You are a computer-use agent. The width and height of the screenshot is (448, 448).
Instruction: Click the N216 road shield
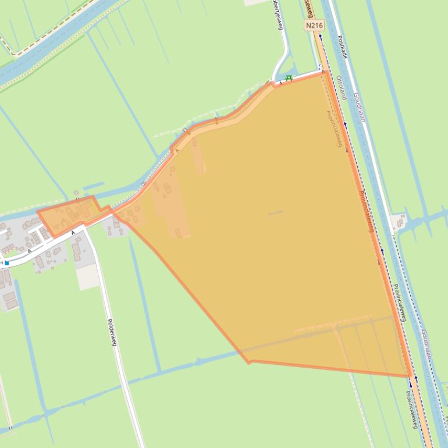point(314,26)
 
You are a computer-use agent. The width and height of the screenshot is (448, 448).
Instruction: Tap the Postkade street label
point(342,47)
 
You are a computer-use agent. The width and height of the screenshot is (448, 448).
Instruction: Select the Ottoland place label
point(341,88)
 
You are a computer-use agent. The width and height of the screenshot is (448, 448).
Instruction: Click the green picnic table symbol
point(289,78)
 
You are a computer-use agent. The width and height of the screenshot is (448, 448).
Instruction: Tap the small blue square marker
point(6,263)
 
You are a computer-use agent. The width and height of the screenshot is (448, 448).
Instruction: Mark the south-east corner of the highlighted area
point(410,376)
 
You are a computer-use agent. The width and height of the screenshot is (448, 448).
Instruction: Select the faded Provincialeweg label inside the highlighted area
point(333,129)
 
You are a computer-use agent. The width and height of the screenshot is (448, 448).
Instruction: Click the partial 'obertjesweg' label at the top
point(280,17)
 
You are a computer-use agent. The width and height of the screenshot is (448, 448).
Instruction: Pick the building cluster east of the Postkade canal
point(400,221)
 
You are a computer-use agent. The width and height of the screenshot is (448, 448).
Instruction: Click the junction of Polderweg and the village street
point(85,228)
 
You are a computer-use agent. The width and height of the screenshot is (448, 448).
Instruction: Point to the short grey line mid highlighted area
point(276,213)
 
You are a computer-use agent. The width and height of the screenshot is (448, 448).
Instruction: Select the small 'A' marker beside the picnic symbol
point(281,83)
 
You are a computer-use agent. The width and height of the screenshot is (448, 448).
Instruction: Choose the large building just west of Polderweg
point(77,251)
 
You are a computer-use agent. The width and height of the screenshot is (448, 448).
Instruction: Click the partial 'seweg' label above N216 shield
point(308,8)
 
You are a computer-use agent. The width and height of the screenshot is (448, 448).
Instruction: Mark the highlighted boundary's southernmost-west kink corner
point(250,362)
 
